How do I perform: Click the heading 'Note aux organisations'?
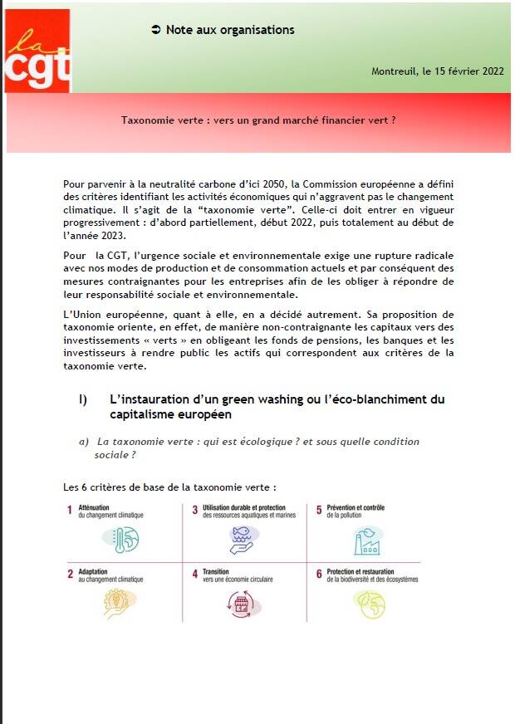coord(230,30)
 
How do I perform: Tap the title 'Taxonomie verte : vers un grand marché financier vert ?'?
coord(258,120)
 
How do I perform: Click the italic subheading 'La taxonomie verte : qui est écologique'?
coord(257,442)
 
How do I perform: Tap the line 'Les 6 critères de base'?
coord(169,487)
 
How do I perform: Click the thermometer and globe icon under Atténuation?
coord(120,541)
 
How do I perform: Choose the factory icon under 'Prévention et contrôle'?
coord(368,541)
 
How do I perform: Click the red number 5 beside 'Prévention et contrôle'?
coord(318,511)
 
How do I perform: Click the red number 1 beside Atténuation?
coord(70,511)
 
